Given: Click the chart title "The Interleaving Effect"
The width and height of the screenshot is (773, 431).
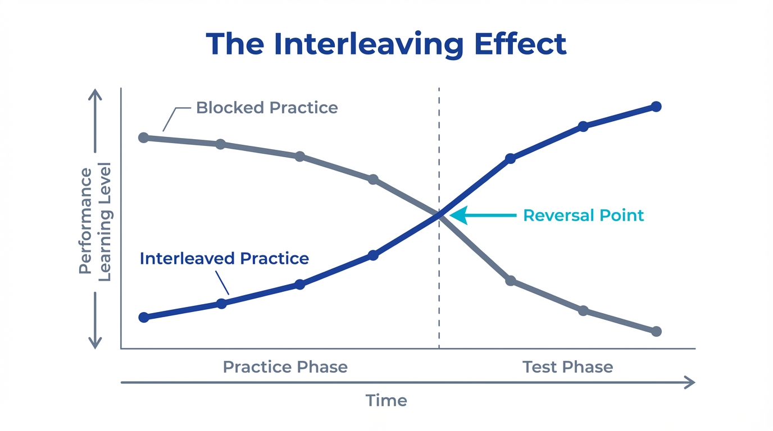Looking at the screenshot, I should point(386,44).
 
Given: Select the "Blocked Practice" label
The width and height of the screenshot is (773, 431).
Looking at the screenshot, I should point(267,108).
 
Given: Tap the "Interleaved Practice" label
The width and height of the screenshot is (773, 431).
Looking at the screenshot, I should point(224,258).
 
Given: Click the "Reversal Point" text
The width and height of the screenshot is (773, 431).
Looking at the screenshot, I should point(583,215).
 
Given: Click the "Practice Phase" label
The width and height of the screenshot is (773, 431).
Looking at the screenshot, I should point(285,367).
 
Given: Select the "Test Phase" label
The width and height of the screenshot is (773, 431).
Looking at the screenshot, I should point(567,367).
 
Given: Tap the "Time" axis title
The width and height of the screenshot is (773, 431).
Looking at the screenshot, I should point(386,401).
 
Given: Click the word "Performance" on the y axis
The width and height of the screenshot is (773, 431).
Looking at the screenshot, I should point(85,221).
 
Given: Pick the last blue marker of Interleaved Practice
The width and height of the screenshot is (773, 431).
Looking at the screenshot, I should point(656,107).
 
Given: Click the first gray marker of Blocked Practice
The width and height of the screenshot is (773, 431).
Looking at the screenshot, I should point(143,137).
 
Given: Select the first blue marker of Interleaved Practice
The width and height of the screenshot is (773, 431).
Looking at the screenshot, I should point(143,317).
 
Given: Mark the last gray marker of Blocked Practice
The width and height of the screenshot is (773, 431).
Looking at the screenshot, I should point(656,331).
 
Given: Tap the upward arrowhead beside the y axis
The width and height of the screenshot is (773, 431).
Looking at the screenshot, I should point(95,94).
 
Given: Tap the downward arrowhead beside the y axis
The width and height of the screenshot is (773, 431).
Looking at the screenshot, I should point(95,343).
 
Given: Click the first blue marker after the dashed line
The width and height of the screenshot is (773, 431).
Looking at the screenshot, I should point(510,159).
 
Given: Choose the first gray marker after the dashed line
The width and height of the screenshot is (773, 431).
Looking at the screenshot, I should point(510,281).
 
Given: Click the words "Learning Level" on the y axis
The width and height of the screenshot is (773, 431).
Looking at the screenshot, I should point(105,221).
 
